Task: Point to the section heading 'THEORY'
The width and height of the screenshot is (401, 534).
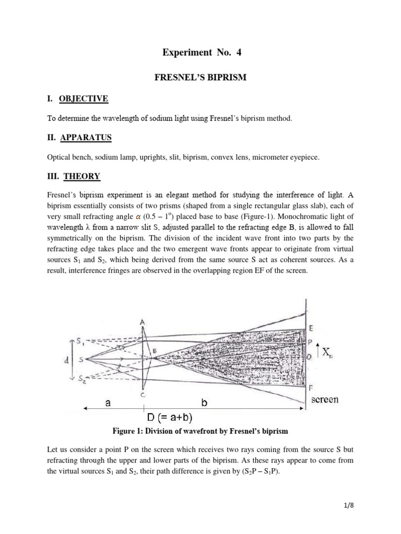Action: pyautogui.click(x=81, y=176)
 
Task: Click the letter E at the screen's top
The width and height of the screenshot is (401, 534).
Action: pyautogui.click(x=312, y=329)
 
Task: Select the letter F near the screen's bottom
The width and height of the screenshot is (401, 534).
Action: pyautogui.click(x=312, y=388)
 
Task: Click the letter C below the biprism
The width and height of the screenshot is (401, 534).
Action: pyautogui.click(x=142, y=395)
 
